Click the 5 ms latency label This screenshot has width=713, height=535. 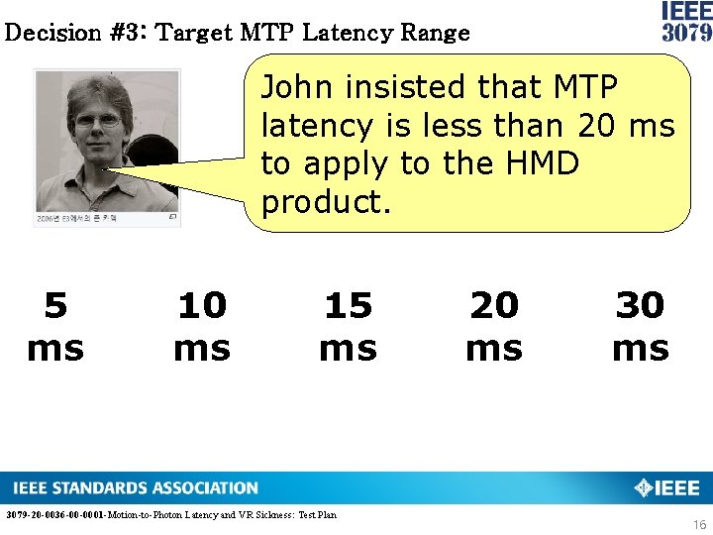pos(55,327)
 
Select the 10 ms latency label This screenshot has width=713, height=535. pos(202,327)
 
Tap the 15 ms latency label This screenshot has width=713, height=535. pos(348,327)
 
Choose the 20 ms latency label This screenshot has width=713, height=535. pos(494,327)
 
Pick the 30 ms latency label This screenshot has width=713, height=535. pos(640,327)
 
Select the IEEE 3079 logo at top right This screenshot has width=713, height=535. pos(686,21)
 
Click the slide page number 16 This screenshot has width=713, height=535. pos(700,523)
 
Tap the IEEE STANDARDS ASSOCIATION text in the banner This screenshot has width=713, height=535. pos(136,488)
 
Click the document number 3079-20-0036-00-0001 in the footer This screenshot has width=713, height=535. pos(54,514)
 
